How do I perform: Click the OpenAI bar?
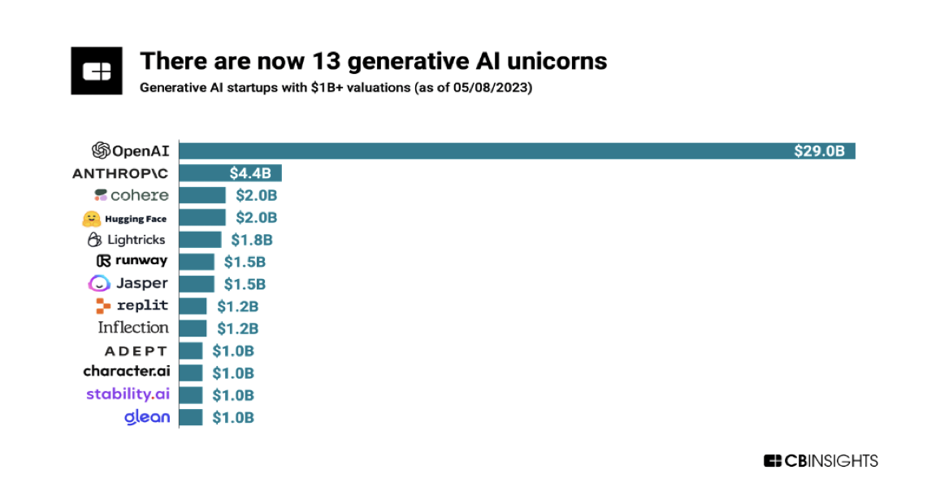(517, 150)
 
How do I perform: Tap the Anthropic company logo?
(120, 173)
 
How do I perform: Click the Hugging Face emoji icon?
(91, 218)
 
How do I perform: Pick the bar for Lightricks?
(200, 240)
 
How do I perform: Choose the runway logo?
(132, 261)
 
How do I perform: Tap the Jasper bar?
(197, 284)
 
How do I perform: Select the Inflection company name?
(133, 328)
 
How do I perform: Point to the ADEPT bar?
(191, 350)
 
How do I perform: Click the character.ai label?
(126, 372)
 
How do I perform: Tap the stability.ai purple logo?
(128, 394)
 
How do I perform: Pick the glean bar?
(191, 417)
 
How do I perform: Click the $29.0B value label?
(820, 150)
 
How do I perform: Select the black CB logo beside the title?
(96, 70)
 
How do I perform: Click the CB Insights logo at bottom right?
(821, 461)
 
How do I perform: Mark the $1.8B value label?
(251, 240)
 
